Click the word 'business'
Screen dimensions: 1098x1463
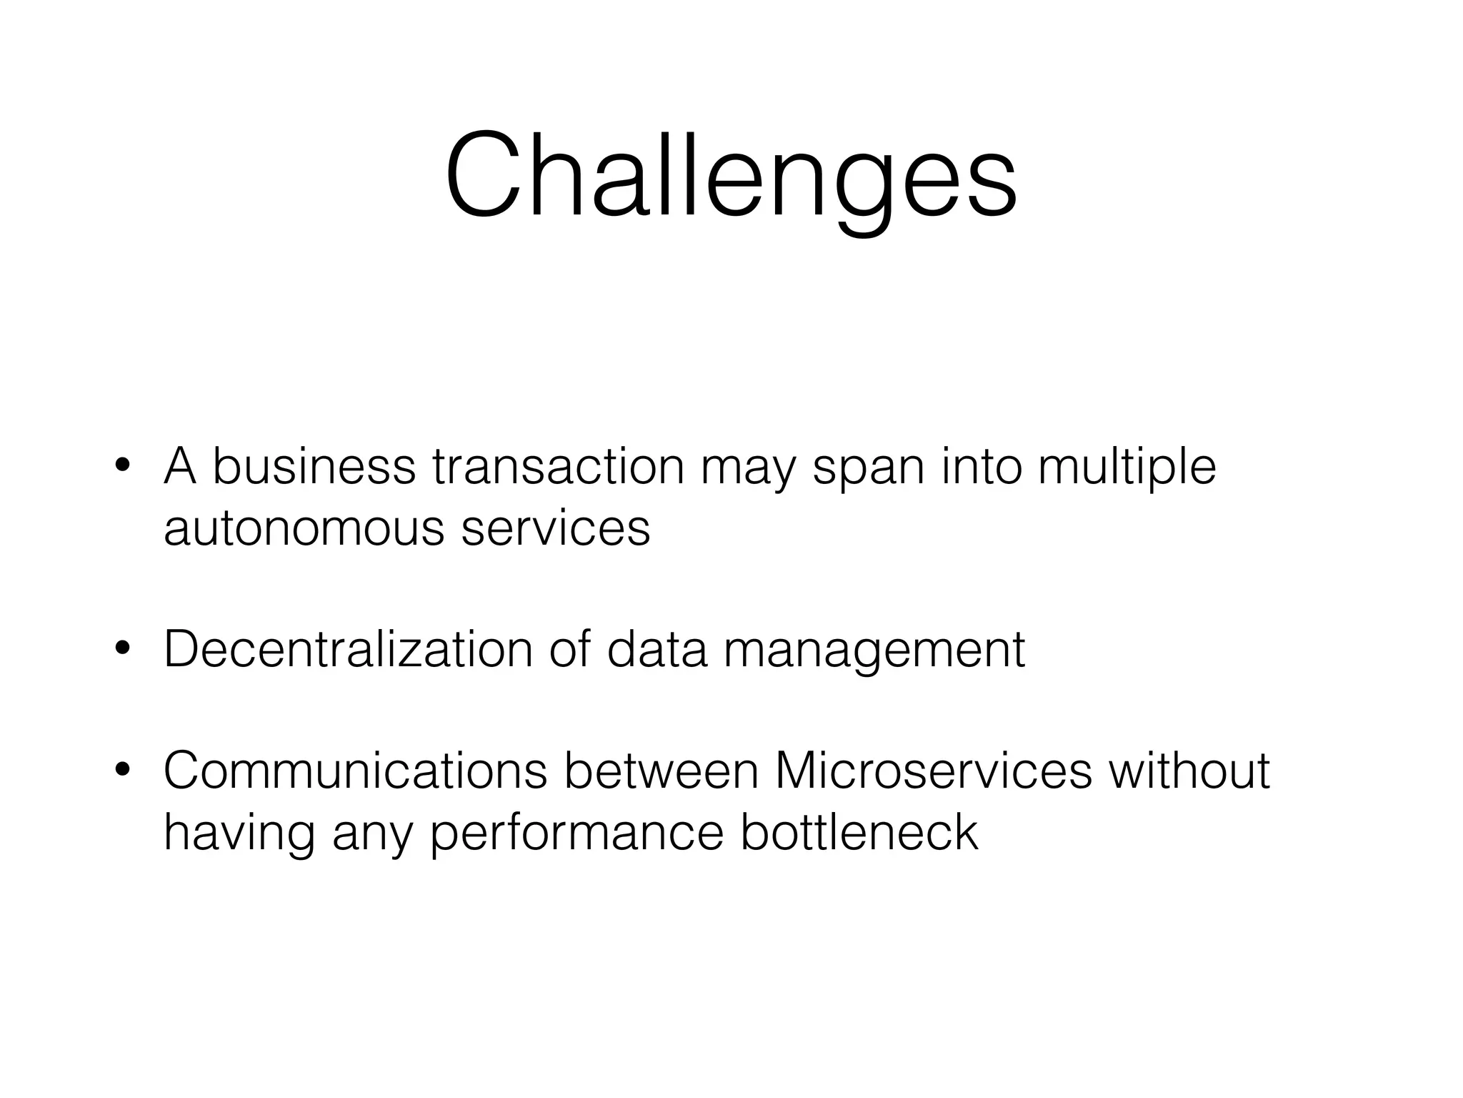click(x=314, y=467)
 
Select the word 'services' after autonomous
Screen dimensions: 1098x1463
click(x=556, y=528)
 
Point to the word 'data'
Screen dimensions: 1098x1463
click(x=656, y=649)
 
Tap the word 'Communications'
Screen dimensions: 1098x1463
click(x=355, y=771)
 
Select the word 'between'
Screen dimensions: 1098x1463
click(x=661, y=771)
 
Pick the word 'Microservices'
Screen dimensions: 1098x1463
click(x=933, y=771)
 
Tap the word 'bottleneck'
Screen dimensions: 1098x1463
click(x=859, y=832)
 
